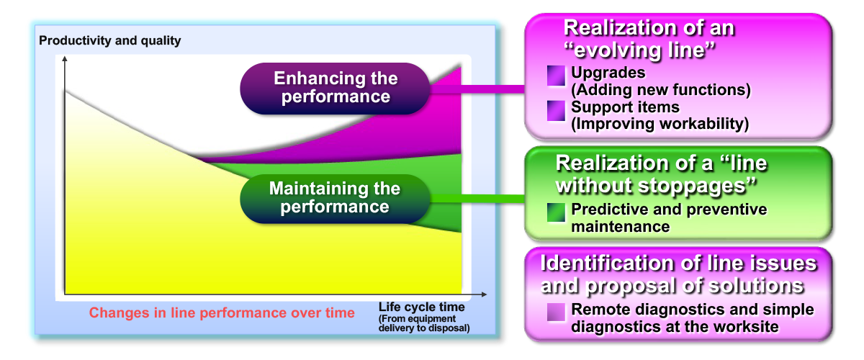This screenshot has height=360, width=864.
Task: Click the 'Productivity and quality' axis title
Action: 110,41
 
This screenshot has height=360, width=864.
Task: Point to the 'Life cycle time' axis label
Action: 421,307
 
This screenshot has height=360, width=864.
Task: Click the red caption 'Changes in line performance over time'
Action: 222,312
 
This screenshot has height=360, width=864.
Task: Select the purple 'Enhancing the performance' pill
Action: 336,88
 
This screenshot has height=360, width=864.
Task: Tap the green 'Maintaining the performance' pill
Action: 335,198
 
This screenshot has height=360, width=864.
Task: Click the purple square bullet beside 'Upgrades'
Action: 556,76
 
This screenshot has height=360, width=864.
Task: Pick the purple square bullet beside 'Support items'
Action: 556,110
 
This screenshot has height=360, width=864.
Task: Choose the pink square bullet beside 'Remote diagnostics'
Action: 556,312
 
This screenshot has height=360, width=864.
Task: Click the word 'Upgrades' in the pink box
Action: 608,73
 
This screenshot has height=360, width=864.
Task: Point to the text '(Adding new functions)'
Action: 661,90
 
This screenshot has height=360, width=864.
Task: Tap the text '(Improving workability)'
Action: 660,124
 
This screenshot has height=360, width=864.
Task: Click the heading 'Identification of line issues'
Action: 678,274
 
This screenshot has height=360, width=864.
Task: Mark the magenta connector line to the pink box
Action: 490,89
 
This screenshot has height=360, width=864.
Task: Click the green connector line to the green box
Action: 490,198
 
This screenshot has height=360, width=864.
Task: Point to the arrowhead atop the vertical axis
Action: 65,60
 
